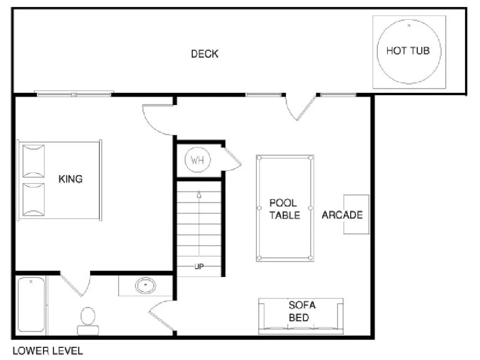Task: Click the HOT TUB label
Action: click(x=407, y=51)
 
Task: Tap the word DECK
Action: click(x=204, y=54)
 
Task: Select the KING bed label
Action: click(x=70, y=179)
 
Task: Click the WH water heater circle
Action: click(x=198, y=160)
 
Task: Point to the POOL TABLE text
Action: click(x=284, y=209)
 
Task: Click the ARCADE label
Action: click(x=342, y=215)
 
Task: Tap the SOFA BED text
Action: click(x=302, y=311)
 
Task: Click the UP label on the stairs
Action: click(x=199, y=267)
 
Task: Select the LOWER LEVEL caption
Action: click(x=47, y=351)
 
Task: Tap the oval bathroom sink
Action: click(x=146, y=285)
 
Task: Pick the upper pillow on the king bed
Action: click(x=33, y=161)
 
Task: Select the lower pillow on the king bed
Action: click(x=33, y=199)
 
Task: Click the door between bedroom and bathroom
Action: click(x=75, y=284)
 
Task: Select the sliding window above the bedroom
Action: click(x=74, y=94)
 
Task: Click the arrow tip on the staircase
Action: click(x=199, y=194)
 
